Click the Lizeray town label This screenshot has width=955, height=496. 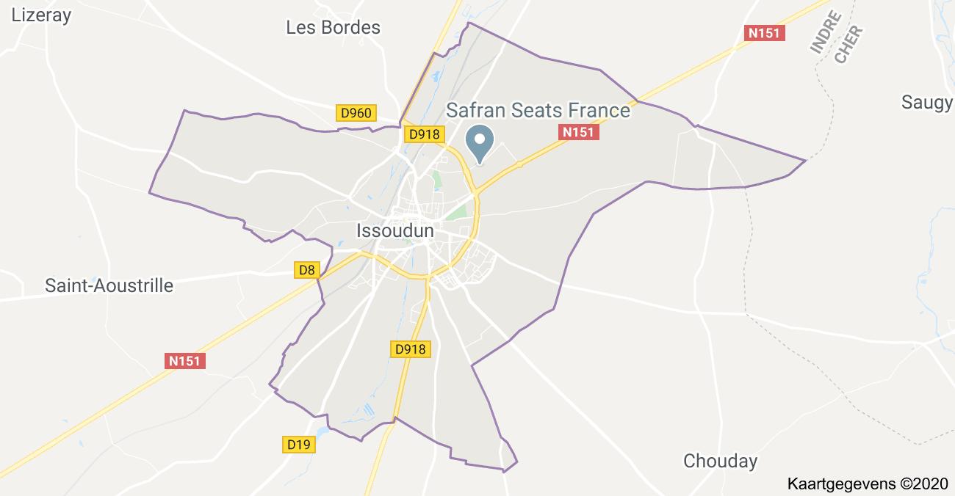pos(41,15)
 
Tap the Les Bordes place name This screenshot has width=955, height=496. pos(333,28)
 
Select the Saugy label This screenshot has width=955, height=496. pos(927,102)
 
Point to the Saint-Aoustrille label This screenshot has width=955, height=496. pos(109,285)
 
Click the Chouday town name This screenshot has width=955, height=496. pos(720,461)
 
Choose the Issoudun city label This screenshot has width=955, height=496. pos(394,230)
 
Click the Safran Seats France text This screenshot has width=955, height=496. pos(538,110)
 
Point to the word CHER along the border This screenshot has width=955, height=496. pos(848,45)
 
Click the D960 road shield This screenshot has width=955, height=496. pos(357,113)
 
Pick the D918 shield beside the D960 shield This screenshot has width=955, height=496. pos(424,134)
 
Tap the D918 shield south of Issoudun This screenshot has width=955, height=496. pos(410,349)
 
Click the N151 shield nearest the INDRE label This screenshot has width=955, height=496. pos(765,33)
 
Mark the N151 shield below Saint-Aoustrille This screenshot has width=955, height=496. pos(184,361)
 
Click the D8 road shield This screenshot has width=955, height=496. pos(307,270)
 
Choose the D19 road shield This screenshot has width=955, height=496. pos(299,444)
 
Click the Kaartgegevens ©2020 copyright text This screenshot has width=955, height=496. pos(868,484)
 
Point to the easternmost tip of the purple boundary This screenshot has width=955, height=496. pos(806,160)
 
